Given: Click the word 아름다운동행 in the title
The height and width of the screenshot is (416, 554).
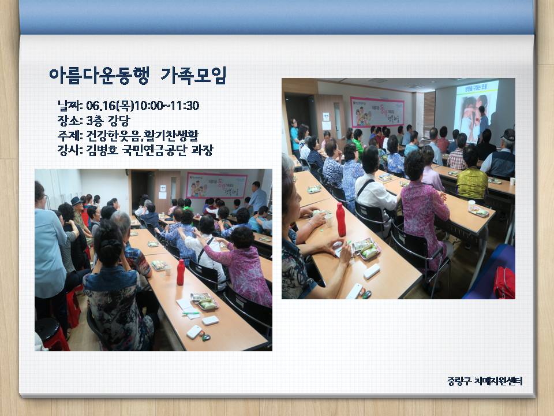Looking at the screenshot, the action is [99, 75].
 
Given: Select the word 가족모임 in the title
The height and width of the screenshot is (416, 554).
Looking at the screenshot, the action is [193, 75].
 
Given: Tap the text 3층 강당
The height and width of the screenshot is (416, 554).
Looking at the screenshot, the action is [108, 121].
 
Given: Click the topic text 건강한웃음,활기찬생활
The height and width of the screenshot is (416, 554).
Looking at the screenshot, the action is [143, 135].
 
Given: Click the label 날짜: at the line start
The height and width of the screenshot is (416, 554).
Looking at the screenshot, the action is [70, 105].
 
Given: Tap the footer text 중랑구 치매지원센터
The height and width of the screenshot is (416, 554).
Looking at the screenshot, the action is [485, 381].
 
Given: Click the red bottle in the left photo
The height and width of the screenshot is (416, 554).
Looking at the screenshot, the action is [181, 272].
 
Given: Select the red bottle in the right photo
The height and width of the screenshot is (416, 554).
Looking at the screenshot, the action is [341, 220].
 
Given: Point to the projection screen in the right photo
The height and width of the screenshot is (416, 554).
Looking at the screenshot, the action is [476, 111].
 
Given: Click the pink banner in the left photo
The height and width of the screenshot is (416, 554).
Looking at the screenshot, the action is [216, 185].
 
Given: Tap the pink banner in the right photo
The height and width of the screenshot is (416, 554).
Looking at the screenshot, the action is [377, 112].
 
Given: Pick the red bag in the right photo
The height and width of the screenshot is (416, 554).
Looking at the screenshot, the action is [504, 283].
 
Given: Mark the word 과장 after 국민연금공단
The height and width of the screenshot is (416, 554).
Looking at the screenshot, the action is [202, 150].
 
